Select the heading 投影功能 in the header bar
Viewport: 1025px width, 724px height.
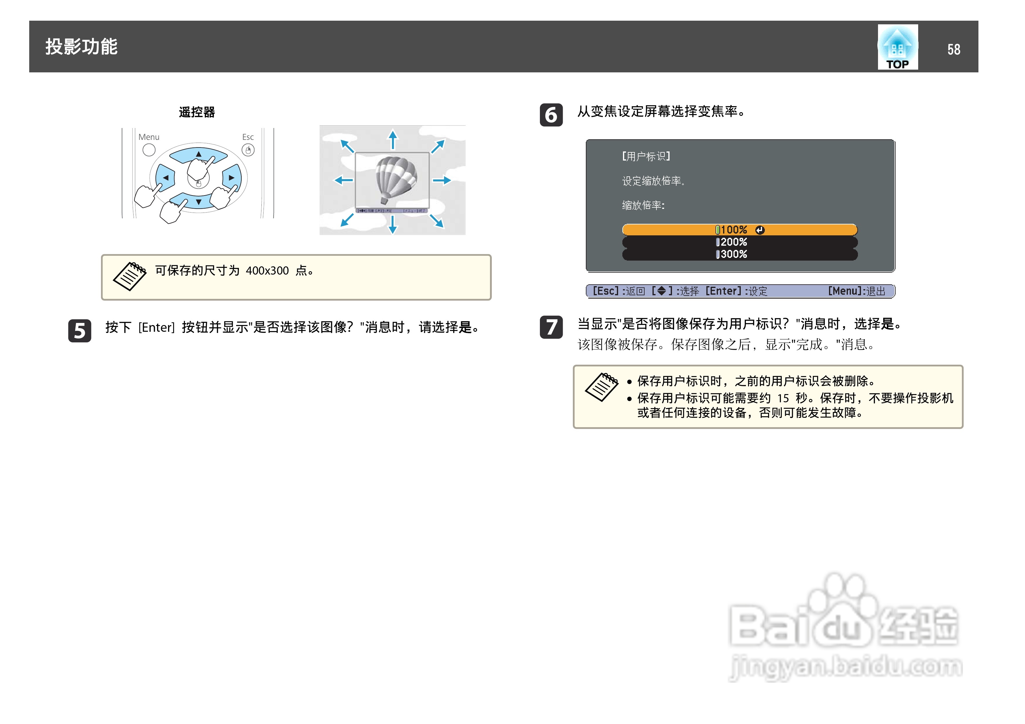tap(81, 47)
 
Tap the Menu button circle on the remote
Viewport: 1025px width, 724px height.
tap(149, 150)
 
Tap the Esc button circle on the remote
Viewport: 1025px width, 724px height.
tap(248, 150)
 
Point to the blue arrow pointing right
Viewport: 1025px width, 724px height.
tap(442, 180)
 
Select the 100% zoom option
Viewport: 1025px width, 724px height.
tap(739, 230)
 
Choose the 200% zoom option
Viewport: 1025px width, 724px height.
tap(739, 242)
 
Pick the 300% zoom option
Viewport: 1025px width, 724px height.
tap(739, 254)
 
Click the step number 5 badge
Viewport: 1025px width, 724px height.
tap(79, 331)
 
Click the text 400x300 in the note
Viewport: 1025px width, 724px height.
tap(267, 270)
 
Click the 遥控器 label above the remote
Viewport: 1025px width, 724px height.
tap(197, 112)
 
